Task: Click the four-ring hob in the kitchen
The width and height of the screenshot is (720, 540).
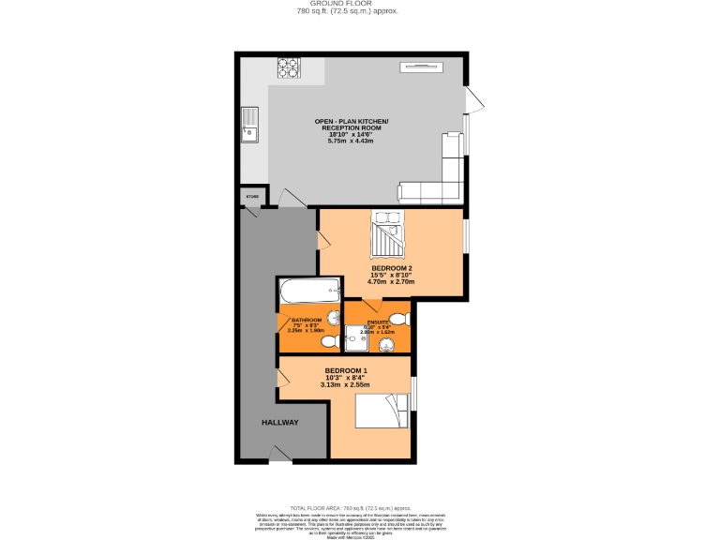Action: tap(287, 67)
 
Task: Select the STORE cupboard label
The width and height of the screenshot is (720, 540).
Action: tap(251, 197)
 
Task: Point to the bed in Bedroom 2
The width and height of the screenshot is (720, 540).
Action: tap(387, 234)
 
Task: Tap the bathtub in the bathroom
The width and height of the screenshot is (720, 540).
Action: tap(307, 292)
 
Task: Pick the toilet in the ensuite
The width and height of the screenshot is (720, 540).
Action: tap(398, 317)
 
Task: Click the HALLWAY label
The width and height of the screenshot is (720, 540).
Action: tap(280, 423)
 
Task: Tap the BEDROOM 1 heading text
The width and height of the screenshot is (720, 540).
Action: tap(346, 370)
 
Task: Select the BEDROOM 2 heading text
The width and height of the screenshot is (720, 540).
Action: tap(392, 267)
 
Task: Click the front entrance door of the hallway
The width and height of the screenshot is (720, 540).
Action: tap(280, 455)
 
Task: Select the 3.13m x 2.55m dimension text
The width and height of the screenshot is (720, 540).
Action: tap(345, 385)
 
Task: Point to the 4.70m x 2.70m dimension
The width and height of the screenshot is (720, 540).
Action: tap(392, 281)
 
